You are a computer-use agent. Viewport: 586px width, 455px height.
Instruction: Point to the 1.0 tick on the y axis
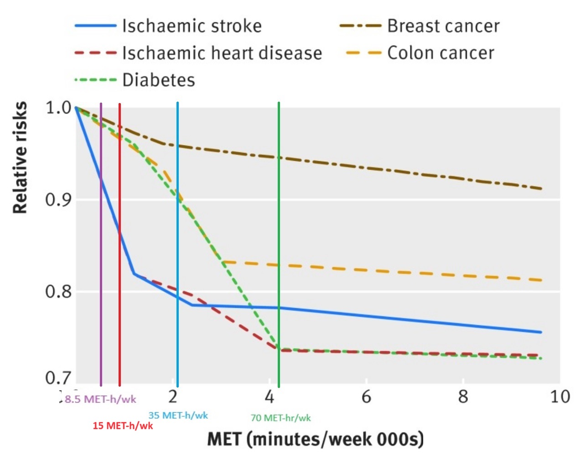pyautogui.click(x=59, y=108)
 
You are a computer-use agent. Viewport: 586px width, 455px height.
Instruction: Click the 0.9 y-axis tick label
pyautogui.click(x=59, y=199)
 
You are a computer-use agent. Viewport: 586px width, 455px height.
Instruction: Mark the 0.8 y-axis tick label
pyautogui.click(x=59, y=291)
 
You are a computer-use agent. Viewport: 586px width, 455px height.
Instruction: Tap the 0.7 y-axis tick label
pyautogui.click(x=59, y=377)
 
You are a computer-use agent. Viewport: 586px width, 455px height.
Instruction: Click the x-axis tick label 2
pyautogui.click(x=172, y=397)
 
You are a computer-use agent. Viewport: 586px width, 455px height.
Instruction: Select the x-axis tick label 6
pyautogui.click(x=366, y=397)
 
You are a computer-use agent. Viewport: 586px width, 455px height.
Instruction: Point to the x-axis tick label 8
pyautogui.click(x=463, y=397)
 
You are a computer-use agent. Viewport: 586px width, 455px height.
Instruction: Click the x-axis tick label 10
pyautogui.click(x=560, y=397)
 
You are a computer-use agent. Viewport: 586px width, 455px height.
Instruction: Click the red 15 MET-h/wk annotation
pyautogui.click(x=123, y=426)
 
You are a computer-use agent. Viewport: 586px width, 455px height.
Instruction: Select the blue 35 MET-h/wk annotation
pyautogui.click(x=178, y=415)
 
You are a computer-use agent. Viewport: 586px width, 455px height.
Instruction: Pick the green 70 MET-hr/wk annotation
pyautogui.click(x=280, y=418)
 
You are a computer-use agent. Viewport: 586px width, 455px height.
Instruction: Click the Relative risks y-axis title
pyautogui.click(x=20, y=157)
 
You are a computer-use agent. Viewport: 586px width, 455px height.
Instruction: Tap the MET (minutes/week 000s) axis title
pyautogui.click(x=315, y=439)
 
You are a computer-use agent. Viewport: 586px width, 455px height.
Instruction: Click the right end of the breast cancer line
pyautogui.click(x=541, y=188)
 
